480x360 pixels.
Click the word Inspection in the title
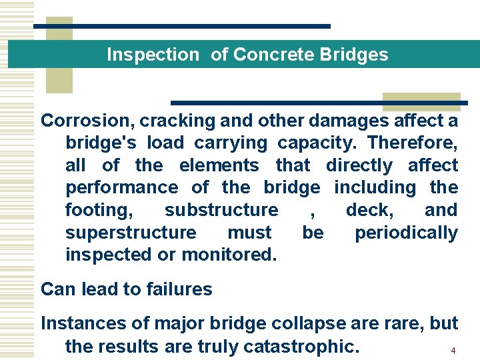pos(153,55)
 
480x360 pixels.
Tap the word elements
pos(219,165)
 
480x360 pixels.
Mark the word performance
pos(121,188)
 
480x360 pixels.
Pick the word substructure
pos(221,210)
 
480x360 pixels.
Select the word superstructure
pos(131,233)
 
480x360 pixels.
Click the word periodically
pos(406,233)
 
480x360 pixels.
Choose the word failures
pos(176,289)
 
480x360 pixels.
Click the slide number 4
pos(453,351)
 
